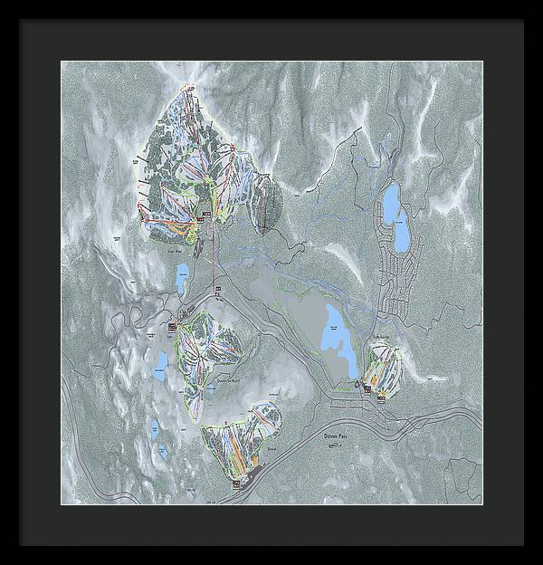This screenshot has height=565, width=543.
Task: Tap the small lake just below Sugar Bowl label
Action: tap(182, 277)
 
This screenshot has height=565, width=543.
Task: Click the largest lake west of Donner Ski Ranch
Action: tap(162, 365)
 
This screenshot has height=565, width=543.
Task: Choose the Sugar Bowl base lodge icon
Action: tap(205, 215)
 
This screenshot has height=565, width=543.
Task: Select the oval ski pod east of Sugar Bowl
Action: tap(265, 201)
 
